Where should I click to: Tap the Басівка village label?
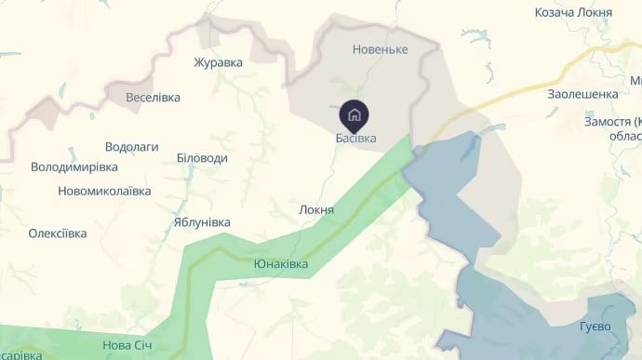click(x=355, y=139)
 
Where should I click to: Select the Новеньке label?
click(x=381, y=48)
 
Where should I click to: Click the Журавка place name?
click(x=218, y=63)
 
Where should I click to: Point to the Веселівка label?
click(x=154, y=97)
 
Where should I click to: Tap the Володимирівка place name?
click(x=74, y=167)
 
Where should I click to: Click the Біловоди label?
click(x=202, y=158)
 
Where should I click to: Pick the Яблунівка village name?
click(x=201, y=222)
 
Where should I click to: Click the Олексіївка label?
click(x=58, y=233)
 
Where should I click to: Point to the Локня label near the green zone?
click(x=316, y=210)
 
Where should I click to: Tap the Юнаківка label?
click(x=281, y=264)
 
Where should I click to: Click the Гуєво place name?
click(x=595, y=327)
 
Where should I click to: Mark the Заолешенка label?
click(x=582, y=94)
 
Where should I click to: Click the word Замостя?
click(x=607, y=122)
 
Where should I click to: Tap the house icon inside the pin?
click(x=354, y=115)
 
